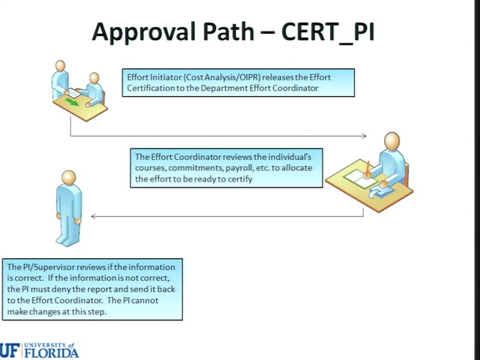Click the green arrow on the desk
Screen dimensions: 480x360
(72, 103)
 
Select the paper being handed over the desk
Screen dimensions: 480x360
(73, 93)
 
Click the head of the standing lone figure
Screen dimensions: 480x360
(68, 178)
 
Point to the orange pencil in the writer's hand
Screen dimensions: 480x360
(367, 169)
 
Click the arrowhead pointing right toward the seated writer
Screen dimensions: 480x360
(364, 136)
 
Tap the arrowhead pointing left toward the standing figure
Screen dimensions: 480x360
(94, 217)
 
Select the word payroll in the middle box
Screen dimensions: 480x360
(244, 168)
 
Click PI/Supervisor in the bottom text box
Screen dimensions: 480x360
(47, 267)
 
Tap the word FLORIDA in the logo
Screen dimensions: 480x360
(51, 353)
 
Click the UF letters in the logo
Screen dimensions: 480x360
(10, 350)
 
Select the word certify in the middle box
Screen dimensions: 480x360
(241, 179)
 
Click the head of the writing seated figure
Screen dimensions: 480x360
(391, 142)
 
